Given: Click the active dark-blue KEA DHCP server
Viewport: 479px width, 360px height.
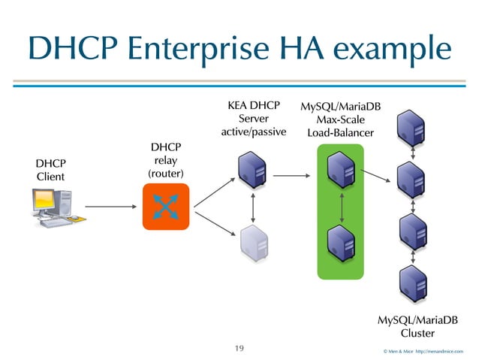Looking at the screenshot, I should tap(250, 172).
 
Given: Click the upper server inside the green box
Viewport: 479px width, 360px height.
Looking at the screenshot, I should tap(342, 171).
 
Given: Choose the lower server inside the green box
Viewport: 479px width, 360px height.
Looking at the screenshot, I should tap(342, 242).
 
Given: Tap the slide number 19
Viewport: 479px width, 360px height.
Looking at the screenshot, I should tap(239, 348).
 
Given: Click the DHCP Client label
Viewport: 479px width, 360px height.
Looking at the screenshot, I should tap(51, 170).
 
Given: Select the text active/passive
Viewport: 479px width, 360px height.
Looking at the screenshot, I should tap(254, 132).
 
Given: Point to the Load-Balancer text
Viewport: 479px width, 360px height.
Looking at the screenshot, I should tap(341, 133).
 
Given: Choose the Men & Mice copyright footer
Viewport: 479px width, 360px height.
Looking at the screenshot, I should tap(423, 350).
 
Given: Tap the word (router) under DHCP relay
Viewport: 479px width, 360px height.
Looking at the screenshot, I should tap(166, 174).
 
